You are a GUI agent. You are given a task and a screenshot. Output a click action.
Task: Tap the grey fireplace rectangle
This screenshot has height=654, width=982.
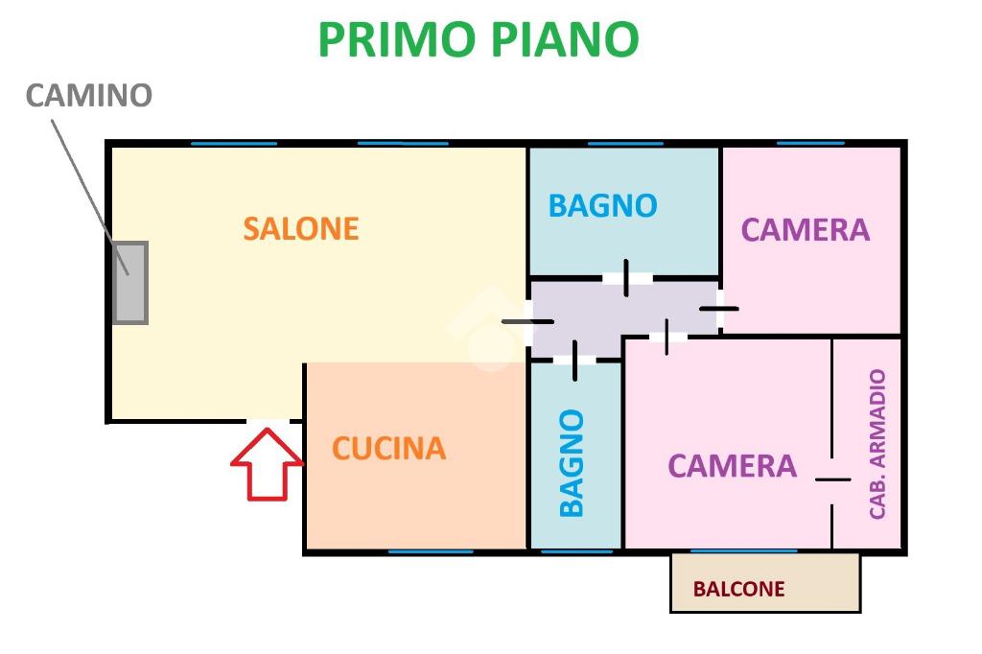tap(129, 283)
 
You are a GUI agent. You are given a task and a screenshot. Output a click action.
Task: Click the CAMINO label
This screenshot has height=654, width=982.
tap(88, 96)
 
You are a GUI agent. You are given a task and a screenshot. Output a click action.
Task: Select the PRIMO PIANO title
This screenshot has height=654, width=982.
tap(478, 40)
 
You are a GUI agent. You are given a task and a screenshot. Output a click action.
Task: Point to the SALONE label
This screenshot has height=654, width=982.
tap(300, 229)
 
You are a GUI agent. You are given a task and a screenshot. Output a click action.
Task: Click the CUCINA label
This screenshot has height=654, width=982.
tap(388, 449)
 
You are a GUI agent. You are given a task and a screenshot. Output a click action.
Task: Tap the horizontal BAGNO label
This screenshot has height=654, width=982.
tap(602, 206)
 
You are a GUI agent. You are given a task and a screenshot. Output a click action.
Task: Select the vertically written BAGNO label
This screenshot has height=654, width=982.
tap(572, 463)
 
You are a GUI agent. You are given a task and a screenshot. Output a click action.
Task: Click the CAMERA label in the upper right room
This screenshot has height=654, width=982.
tap(805, 230)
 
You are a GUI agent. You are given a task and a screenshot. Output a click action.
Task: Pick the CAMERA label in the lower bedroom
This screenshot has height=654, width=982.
tap(732, 466)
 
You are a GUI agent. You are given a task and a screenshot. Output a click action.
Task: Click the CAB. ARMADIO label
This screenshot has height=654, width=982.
tap(877, 444)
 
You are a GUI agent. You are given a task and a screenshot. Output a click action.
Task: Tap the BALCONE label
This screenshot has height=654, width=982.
tap(738, 590)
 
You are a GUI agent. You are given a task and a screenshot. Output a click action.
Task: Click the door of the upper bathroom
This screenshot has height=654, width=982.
tap(626, 278)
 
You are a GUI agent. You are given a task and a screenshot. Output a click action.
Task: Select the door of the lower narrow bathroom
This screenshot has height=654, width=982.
tap(574, 360)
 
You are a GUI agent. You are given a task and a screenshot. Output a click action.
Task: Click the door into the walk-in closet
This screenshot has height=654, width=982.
tap(832, 479)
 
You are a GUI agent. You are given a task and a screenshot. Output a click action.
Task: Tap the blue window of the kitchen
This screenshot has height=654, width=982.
tap(431, 551)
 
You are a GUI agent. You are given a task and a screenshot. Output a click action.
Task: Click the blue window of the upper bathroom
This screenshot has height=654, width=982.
tap(625, 144)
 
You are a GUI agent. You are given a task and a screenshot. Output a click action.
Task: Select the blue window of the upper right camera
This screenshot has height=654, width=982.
tap(810, 144)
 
